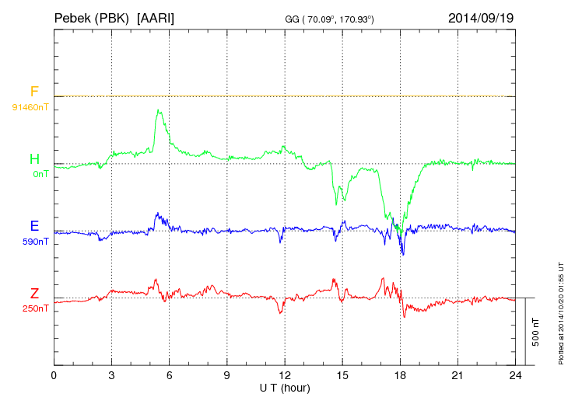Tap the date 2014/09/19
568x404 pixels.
pyautogui.click(x=480, y=17)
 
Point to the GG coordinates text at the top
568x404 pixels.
pyautogui.click(x=331, y=19)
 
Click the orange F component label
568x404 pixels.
pyautogui.click(x=34, y=92)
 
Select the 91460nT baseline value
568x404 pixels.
pyautogui.click(x=30, y=107)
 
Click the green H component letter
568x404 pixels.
pyautogui.click(x=34, y=159)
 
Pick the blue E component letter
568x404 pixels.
pyautogui.click(x=34, y=226)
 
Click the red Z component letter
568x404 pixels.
pyautogui.click(x=34, y=294)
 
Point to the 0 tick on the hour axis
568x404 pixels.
pyautogui.click(x=54, y=374)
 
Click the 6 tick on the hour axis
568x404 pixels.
pyautogui.click(x=169, y=374)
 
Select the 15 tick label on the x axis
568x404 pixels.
pyautogui.click(x=342, y=374)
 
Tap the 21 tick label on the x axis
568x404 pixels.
pyautogui.click(x=458, y=374)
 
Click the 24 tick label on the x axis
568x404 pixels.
pyautogui.click(x=515, y=374)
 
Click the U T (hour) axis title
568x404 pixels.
pyautogui.click(x=285, y=387)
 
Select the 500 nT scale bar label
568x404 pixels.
pyautogui.click(x=535, y=331)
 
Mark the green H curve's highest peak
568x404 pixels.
pyautogui.click(x=159, y=110)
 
